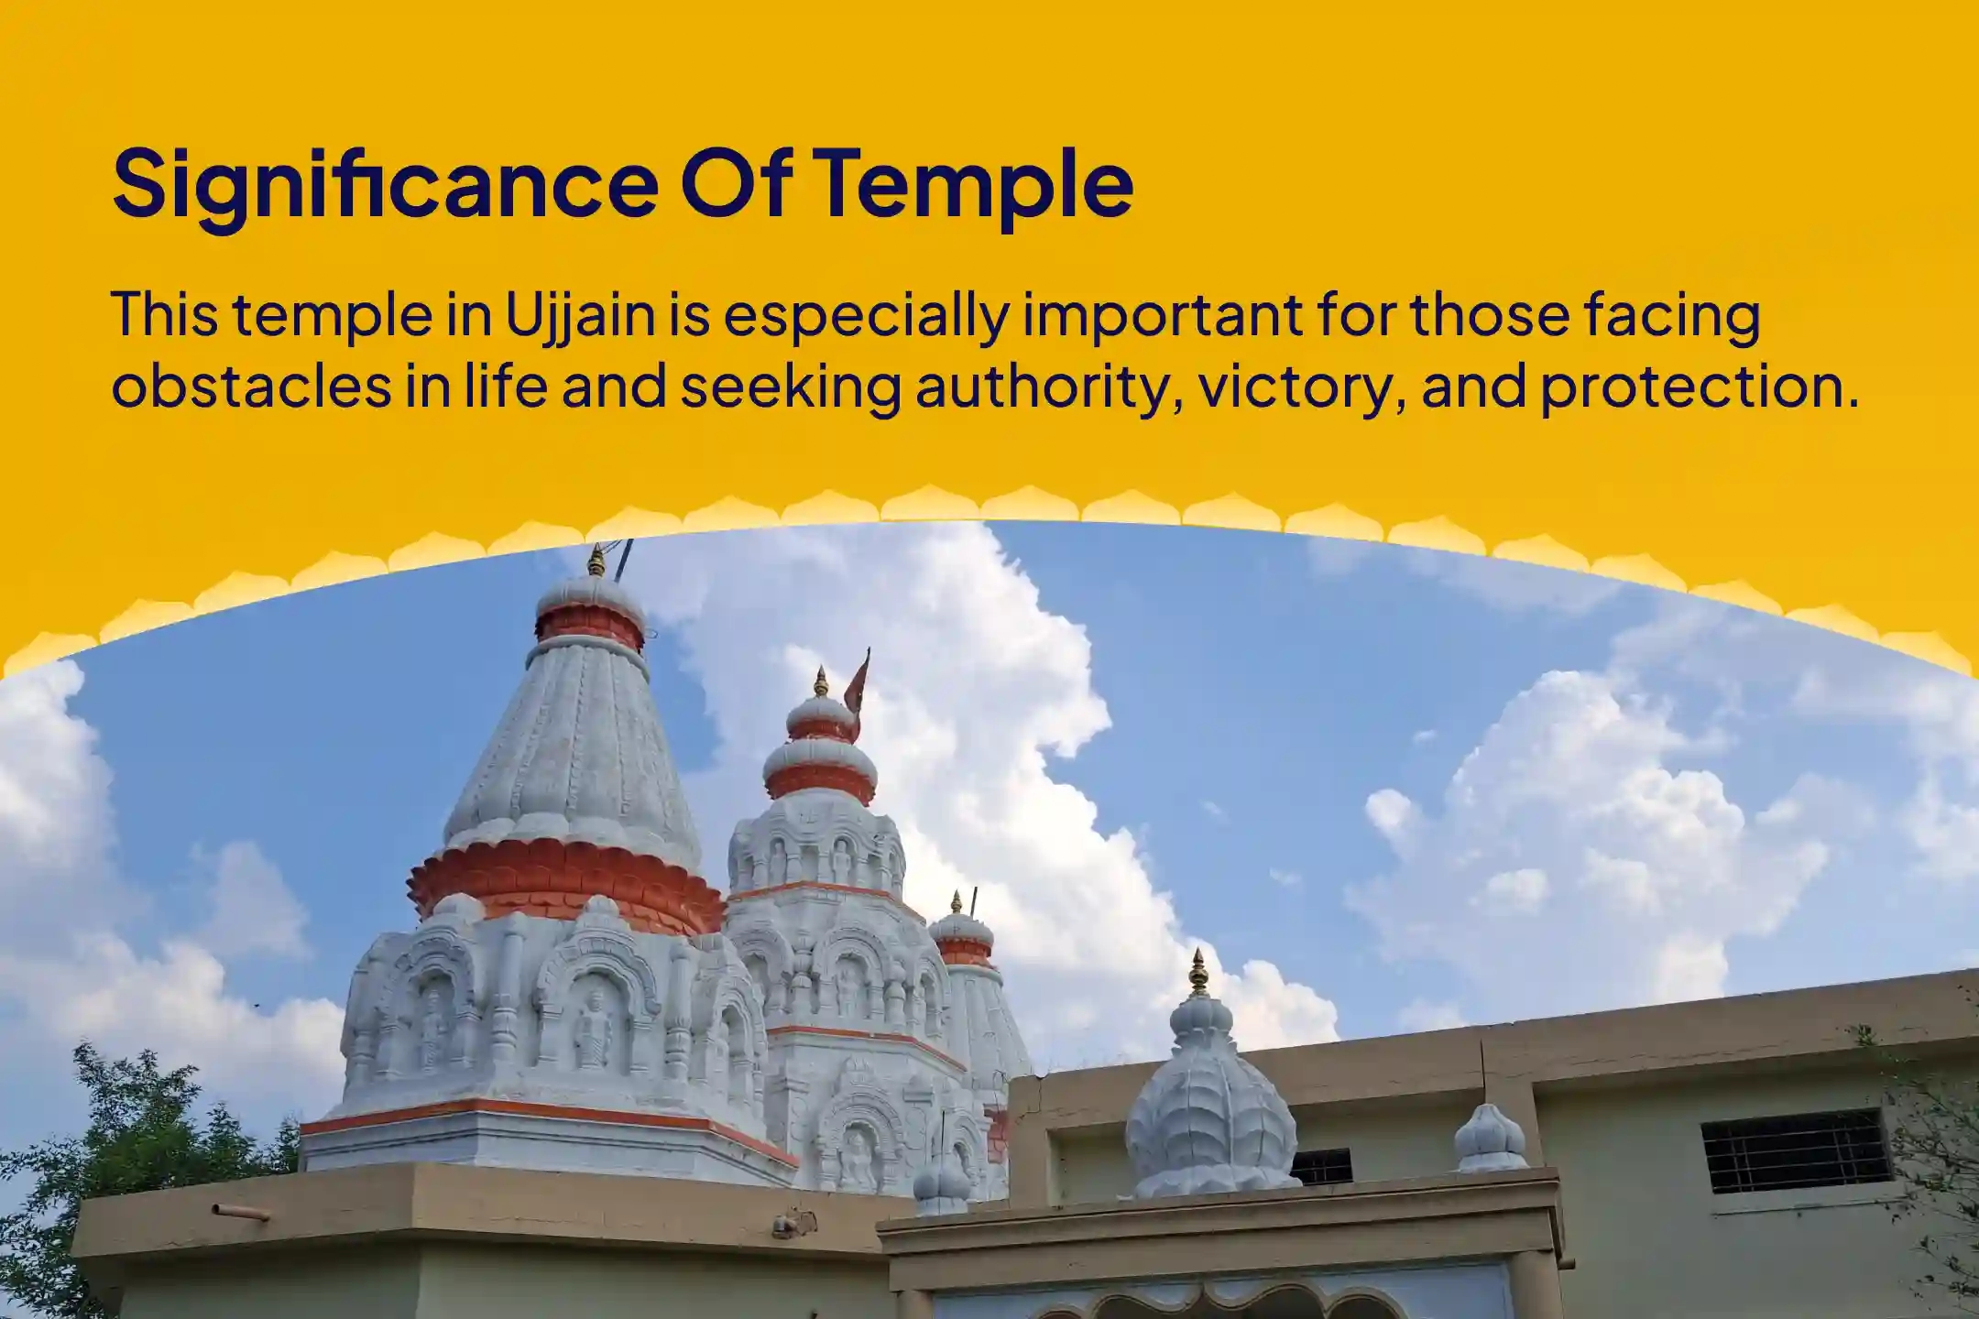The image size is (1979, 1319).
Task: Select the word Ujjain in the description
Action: (x=580, y=315)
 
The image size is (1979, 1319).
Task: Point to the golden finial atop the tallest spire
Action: (x=596, y=560)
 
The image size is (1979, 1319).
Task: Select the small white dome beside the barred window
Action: (x=1490, y=1141)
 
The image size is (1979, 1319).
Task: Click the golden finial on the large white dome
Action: (x=1197, y=974)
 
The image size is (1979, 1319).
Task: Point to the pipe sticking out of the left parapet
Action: (x=240, y=1213)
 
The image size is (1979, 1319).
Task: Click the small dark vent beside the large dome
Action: (x=1321, y=1167)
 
